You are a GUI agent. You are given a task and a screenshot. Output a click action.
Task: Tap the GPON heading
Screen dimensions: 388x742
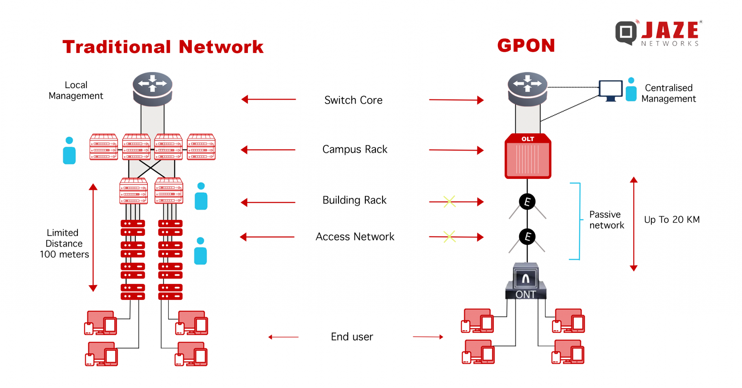[x=526, y=46]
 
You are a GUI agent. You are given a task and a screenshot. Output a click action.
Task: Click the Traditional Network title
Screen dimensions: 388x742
[x=163, y=47]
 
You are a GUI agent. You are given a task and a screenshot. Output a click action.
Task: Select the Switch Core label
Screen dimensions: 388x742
[x=353, y=100]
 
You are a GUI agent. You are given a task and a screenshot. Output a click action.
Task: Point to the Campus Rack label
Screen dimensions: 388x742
[x=355, y=149]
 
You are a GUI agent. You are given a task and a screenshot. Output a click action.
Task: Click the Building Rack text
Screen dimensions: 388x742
[x=354, y=200]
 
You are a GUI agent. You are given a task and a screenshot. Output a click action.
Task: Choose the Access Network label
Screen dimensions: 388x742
[x=355, y=237]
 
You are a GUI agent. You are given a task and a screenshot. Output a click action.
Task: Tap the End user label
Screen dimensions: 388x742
[x=352, y=337]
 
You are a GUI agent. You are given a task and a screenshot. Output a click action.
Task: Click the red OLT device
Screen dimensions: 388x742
[x=528, y=157]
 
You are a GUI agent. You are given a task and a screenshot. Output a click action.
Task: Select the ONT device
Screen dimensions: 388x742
[x=526, y=282]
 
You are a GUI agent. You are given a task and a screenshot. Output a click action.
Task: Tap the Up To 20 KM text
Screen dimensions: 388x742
[x=671, y=220]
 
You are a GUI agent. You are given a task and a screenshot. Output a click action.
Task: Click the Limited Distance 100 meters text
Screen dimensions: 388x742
[x=64, y=243]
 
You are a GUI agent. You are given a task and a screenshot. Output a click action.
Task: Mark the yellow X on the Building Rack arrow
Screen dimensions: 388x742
[x=449, y=201]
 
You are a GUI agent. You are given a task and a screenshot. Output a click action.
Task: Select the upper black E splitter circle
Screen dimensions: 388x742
[x=527, y=202]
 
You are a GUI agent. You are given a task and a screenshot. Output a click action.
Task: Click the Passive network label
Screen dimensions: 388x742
[x=606, y=220]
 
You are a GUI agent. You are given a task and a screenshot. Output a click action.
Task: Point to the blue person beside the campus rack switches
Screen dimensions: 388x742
[x=69, y=151]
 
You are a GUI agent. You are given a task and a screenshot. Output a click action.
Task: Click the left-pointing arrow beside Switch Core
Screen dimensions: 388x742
[x=268, y=99]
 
